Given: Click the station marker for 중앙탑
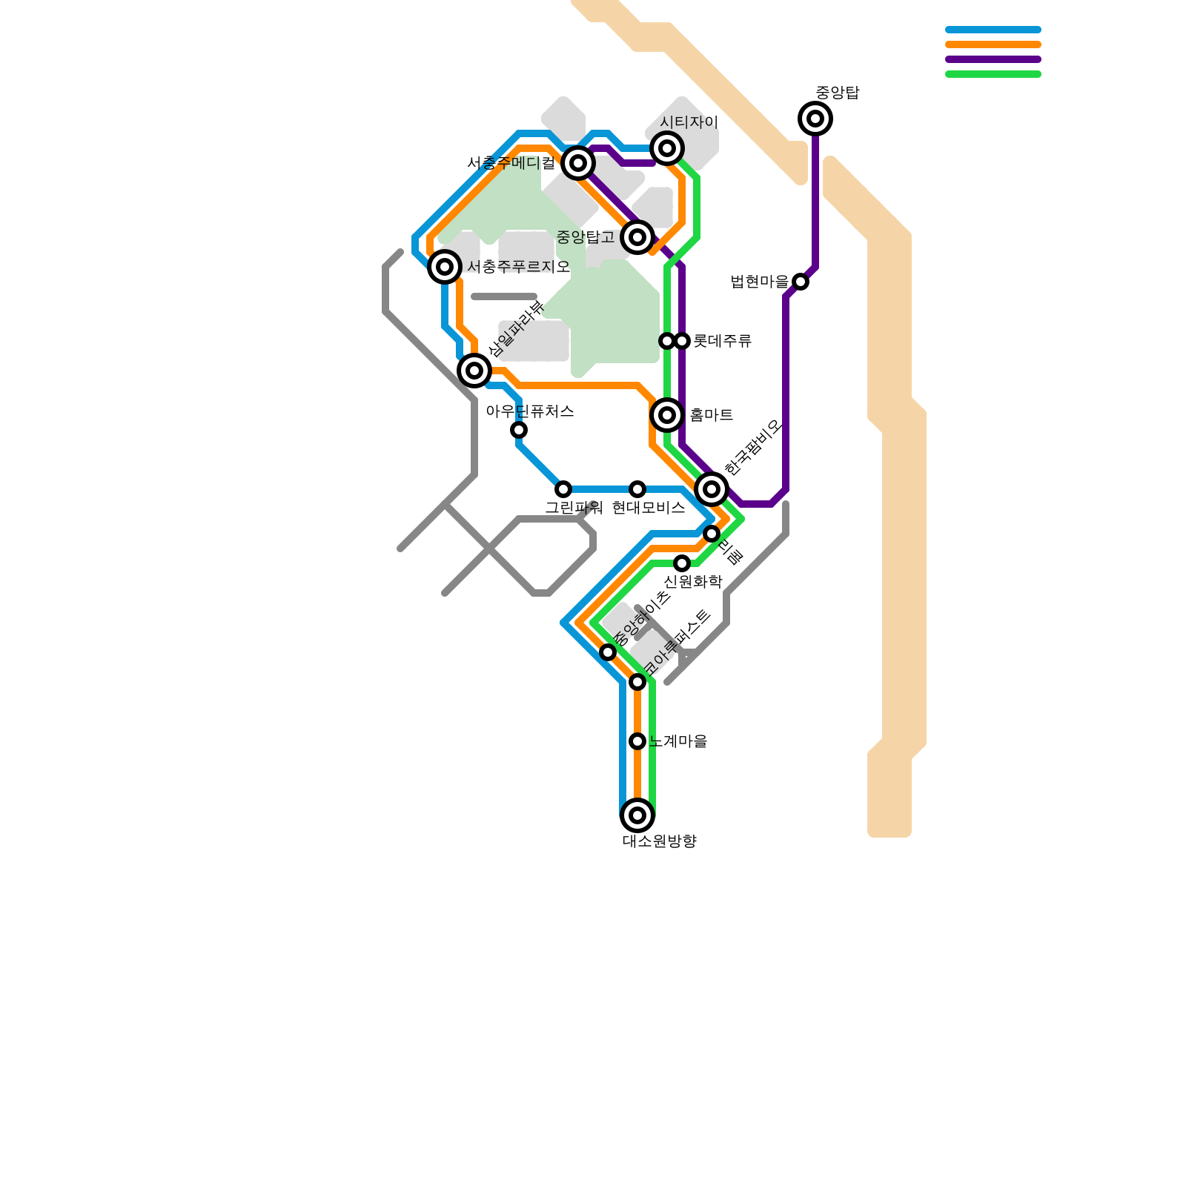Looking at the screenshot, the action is pyautogui.click(x=815, y=119).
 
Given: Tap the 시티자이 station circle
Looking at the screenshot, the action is pyautogui.click(x=667, y=148).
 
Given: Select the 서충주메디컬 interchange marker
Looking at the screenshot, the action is pyautogui.click(x=578, y=163).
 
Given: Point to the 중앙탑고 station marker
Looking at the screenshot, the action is pyautogui.click(x=637, y=237).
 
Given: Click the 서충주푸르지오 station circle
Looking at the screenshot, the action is pyautogui.click(x=445, y=267).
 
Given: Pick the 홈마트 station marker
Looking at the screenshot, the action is pyautogui.click(x=667, y=415).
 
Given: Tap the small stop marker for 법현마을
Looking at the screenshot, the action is pyautogui.click(x=801, y=282).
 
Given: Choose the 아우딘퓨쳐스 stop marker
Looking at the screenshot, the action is pyautogui.click(x=519, y=430).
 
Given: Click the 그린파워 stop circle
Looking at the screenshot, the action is pyautogui.click(x=563, y=489).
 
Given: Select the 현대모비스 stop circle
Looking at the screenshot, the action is pyautogui.click(x=637, y=489).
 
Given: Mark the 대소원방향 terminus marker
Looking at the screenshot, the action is pyautogui.click(x=637, y=815).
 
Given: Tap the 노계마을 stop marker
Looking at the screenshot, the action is pyautogui.click(x=637, y=741).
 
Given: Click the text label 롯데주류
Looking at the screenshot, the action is pyautogui.click(x=722, y=341).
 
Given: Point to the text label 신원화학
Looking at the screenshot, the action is pyautogui.click(x=692, y=582).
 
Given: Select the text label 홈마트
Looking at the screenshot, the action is pyautogui.click(x=711, y=415).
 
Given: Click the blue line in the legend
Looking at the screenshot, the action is pyautogui.click(x=993, y=30).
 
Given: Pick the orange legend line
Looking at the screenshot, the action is pyautogui.click(x=993, y=44).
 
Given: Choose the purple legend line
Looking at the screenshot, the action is pyautogui.click(x=993, y=59).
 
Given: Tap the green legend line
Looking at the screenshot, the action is pyautogui.click(x=993, y=74).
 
